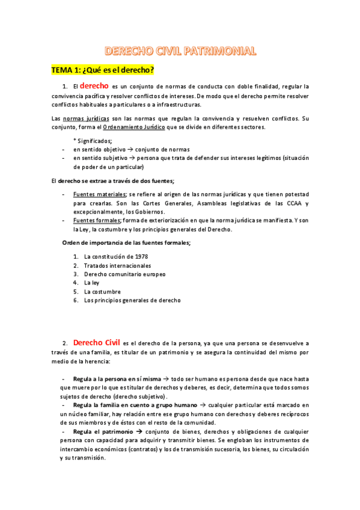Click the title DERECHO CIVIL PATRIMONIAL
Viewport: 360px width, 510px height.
point(180,51)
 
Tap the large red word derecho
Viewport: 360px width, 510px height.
point(94,86)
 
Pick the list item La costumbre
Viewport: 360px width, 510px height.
point(102,291)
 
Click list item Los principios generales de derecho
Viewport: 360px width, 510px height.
point(132,300)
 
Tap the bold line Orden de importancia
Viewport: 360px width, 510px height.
point(127,242)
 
